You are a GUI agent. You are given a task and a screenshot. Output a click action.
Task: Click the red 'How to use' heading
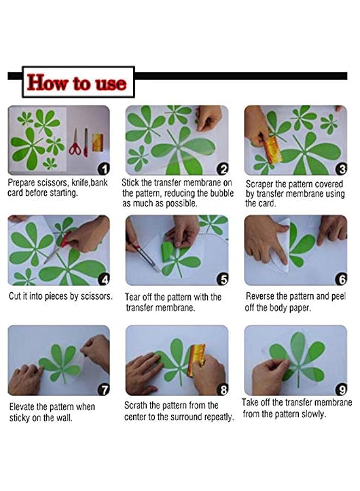pyautogui.click(x=77, y=83)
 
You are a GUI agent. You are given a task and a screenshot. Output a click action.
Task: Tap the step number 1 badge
pyautogui.click(x=104, y=169)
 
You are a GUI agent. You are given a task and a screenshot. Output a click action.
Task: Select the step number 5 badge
pyautogui.click(x=223, y=279)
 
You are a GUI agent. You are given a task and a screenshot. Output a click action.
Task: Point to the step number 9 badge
pyautogui.click(x=341, y=390)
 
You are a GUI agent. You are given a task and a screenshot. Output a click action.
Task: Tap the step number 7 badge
pyautogui.click(x=104, y=390)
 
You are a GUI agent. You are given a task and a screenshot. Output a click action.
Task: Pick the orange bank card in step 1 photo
pyautogui.click(x=98, y=142)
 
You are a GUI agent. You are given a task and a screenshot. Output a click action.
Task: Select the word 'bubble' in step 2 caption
pyautogui.click(x=222, y=193)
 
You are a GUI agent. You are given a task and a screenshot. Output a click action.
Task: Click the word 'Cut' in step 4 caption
pyautogui.click(x=14, y=296)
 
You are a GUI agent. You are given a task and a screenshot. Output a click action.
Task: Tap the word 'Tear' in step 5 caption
pyautogui.click(x=133, y=297)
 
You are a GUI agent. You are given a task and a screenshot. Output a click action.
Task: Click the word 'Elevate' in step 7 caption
pyautogui.click(x=22, y=407)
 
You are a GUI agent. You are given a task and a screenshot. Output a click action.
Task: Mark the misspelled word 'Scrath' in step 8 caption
pyautogui.click(x=136, y=405)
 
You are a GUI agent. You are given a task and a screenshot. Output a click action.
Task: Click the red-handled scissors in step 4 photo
pyautogui.click(x=58, y=247)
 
